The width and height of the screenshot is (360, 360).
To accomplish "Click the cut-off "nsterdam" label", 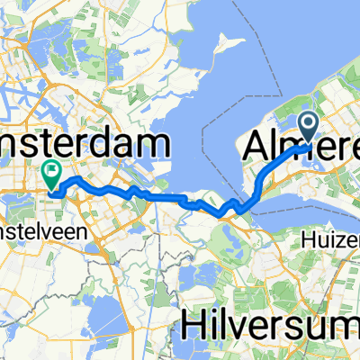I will (x=85, y=144).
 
